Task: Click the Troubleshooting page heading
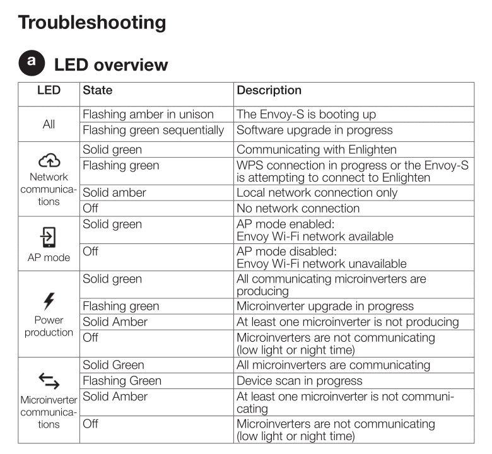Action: pos(92,23)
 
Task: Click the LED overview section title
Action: pos(111,65)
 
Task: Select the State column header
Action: pos(98,91)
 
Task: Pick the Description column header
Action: pos(269,91)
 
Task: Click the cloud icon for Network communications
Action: pos(49,161)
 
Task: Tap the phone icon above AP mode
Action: pos(49,237)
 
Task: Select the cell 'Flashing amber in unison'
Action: pos(148,115)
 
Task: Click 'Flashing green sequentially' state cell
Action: pos(153,131)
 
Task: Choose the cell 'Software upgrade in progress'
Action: pos(314,131)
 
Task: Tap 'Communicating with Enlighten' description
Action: pos(316,150)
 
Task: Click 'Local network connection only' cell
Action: pos(317,193)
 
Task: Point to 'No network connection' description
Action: pos(298,209)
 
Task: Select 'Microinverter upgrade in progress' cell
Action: pos(325,306)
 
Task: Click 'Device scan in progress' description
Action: pos(300,381)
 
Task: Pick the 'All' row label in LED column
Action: pos(49,124)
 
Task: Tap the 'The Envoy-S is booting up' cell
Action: pos(306,115)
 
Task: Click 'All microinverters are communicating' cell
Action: pos(333,365)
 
